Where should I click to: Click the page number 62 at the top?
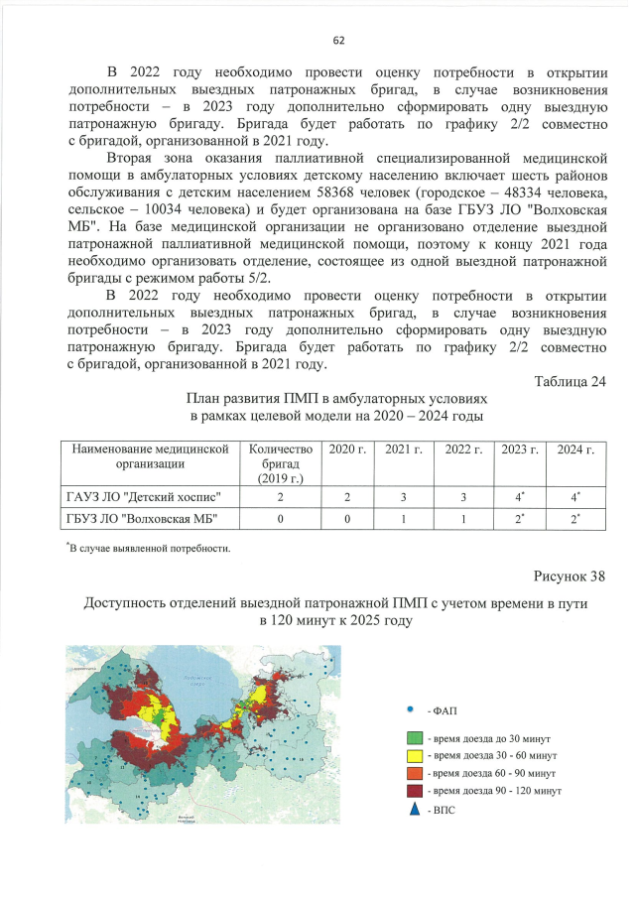click(338, 41)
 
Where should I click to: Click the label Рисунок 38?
click(569, 576)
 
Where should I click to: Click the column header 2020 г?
click(346, 450)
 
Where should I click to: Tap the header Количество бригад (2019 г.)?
click(280, 464)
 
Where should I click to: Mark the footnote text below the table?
click(149, 548)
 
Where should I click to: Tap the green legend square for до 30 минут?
click(416, 740)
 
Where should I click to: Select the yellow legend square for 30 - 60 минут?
click(416, 756)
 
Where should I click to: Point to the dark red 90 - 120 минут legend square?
click(416, 791)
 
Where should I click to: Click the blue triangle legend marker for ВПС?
click(415, 810)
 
